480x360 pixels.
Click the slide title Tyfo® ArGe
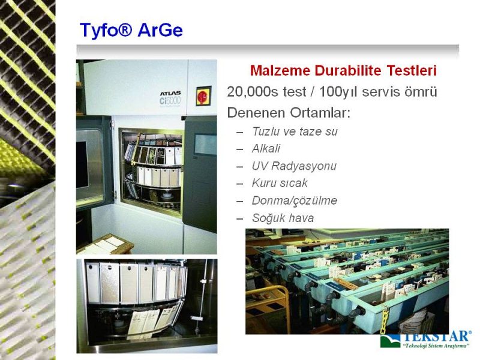tap(131, 30)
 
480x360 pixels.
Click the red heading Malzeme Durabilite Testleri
tap(343, 70)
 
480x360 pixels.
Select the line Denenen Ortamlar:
tap(289, 113)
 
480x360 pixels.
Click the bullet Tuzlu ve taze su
tap(295, 131)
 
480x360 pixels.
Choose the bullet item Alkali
tap(266, 149)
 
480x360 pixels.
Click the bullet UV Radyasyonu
tap(294, 166)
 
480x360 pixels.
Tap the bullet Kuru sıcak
tap(280, 184)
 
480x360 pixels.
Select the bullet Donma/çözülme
tap(294, 201)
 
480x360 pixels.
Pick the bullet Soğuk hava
tap(283, 218)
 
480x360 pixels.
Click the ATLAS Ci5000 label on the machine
tap(170, 98)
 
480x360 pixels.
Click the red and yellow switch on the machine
tap(203, 96)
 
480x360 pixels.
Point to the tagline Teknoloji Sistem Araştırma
tap(436, 346)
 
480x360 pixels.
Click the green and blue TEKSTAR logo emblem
tap(390, 341)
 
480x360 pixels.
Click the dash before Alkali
tap(240, 149)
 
